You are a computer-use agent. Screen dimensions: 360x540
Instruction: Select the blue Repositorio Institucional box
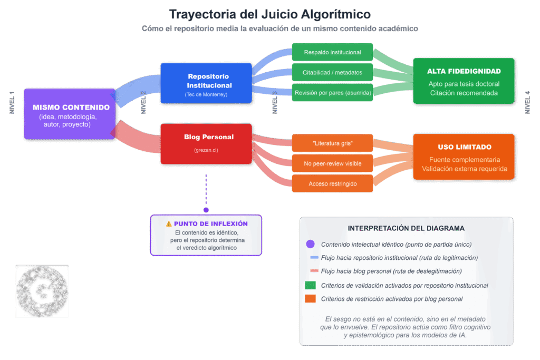(x=206, y=83)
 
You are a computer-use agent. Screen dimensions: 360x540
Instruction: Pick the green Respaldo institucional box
(x=332, y=52)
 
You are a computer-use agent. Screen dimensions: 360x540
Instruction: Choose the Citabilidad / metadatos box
(x=332, y=72)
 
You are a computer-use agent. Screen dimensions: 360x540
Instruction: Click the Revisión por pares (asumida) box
(x=332, y=93)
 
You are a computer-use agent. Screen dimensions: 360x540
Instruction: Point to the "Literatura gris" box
(x=332, y=143)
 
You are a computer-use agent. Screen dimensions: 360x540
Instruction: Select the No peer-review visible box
(x=332, y=163)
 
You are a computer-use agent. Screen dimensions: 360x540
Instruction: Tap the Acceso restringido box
(x=332, y=183)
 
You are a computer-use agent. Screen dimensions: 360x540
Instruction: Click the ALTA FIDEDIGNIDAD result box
(x=464, y=81)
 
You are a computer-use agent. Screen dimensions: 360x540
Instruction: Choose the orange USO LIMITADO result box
(x=464, y=157)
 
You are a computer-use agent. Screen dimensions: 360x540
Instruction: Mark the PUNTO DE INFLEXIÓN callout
(x=206, y=235)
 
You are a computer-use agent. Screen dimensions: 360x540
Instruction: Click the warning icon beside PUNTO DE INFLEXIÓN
(x=169, y=223)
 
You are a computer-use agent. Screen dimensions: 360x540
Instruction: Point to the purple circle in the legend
(x=310, y=244)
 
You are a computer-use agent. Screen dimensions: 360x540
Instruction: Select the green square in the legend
(x=310, y=286)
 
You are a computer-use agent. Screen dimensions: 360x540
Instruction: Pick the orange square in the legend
(x=310, y=299)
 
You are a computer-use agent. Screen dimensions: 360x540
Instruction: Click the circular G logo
(x=42, y=291)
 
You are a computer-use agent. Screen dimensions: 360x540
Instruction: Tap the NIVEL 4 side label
(x=527, y=103)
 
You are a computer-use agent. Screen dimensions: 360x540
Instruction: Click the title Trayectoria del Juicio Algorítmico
(x=269, y=14)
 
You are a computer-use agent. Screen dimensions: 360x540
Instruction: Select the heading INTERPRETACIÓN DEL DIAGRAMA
(x=406, y=228)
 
